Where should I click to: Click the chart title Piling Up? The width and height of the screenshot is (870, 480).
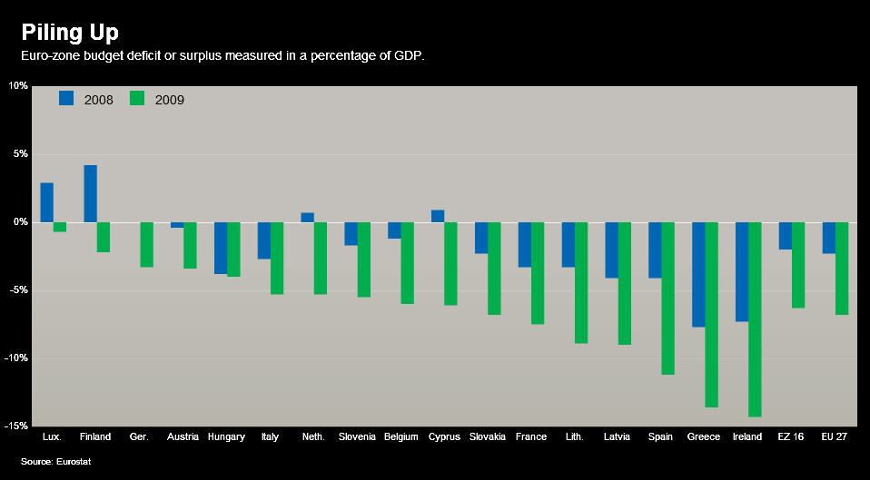70,33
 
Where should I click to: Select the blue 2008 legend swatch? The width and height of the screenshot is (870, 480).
66,98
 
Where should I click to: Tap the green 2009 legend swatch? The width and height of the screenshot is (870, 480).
137,98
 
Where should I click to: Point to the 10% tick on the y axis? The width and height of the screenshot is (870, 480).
18,86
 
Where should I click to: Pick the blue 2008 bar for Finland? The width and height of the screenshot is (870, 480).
91,193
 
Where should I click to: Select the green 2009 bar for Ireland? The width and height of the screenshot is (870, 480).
755,319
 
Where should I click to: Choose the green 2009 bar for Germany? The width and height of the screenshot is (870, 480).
146,245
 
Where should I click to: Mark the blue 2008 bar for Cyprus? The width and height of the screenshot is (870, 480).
438,216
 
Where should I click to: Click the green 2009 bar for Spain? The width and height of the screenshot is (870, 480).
667,299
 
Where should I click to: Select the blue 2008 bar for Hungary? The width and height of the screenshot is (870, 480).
221,248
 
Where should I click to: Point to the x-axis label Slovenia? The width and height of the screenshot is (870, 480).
357,437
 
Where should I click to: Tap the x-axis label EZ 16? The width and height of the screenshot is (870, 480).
791,437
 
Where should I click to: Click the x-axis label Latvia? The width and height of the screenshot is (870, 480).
618,437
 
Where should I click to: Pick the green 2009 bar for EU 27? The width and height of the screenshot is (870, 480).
842,269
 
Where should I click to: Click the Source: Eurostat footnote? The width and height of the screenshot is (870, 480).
56,462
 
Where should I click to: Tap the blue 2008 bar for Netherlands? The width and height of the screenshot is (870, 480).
307,218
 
